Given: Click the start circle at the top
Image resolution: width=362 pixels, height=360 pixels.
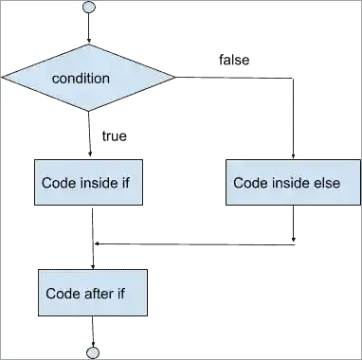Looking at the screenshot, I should (89, 8).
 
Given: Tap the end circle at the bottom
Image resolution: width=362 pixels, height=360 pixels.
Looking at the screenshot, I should (92, 352).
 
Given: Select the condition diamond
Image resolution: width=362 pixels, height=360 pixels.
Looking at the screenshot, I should (87, 78).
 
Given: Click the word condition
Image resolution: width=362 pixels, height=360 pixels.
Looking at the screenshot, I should (81, 79).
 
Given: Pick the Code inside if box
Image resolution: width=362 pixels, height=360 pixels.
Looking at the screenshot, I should (87, 182).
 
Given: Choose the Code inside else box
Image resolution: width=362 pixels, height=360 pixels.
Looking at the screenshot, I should (292, 182).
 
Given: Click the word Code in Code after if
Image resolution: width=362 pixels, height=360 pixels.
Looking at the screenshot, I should (63, 293).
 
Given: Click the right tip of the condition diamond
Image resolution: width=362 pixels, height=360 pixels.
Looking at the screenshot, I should (173, 78).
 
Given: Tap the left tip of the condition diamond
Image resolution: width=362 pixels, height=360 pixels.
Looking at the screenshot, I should (2, 78).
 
